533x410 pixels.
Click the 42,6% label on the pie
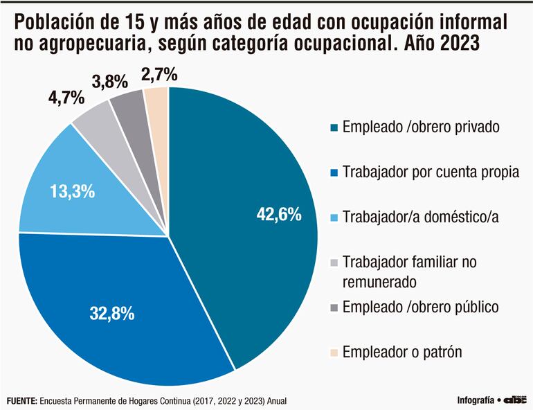point(278,215)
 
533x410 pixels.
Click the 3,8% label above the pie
point(110,81)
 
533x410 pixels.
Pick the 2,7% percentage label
point(159,72)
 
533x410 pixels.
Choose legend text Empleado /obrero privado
point(422,127)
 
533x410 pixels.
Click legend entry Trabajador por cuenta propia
point(430,172)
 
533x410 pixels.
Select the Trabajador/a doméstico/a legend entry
point(420,217)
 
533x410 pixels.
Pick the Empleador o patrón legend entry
point(402,353)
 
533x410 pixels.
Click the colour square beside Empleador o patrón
point(334,353)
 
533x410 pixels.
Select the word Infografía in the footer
point(476,400)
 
